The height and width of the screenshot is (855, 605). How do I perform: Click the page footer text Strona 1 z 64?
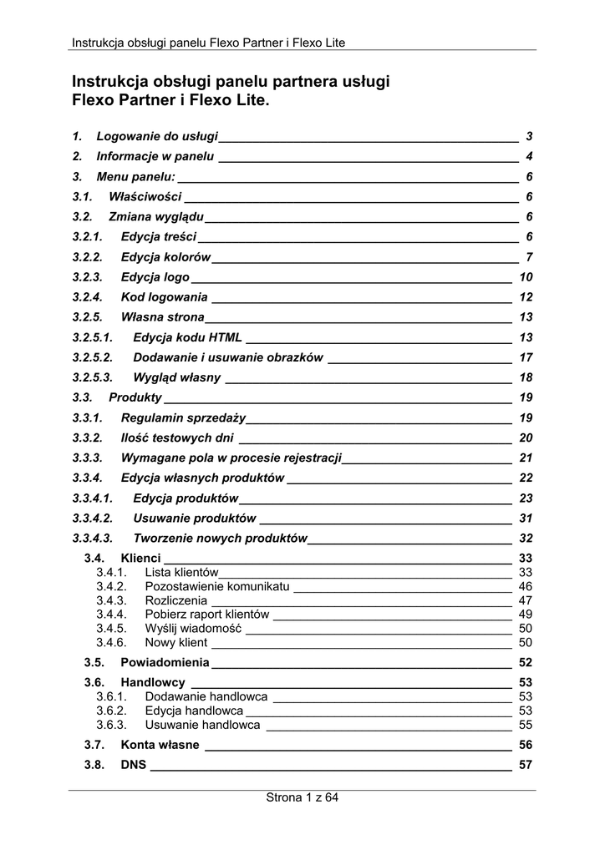coord(302,797)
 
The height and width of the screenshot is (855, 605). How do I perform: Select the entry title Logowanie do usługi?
coord(157,136)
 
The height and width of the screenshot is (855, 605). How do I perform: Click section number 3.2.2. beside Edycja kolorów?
coord(87,256)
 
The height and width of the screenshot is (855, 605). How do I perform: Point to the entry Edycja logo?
coord(155,277)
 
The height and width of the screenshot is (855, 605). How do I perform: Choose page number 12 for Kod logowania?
coord(526,297)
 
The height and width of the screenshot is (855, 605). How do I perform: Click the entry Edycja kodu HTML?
coord(188,337)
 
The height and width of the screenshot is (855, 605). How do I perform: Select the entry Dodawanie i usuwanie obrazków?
coord(228,357)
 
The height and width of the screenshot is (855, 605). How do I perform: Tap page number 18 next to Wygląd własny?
coord(526,377)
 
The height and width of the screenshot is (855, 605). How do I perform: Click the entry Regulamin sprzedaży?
coord(183,417)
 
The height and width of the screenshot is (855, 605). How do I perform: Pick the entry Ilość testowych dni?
coord(177,438)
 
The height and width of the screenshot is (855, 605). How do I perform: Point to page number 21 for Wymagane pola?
coord(526,458)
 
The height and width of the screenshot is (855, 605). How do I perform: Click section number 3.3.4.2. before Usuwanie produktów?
coord(92,518)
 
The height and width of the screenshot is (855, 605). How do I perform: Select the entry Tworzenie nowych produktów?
coord(221,538)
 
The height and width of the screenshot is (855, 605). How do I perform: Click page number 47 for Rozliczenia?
coord(526,600)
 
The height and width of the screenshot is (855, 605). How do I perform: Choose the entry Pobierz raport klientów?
coord(207,615)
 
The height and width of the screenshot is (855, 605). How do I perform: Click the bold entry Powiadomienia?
coord(165,662)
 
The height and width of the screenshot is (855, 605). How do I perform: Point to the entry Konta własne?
coord(160,744)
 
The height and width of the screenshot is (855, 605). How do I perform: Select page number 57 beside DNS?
coord(526,764)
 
